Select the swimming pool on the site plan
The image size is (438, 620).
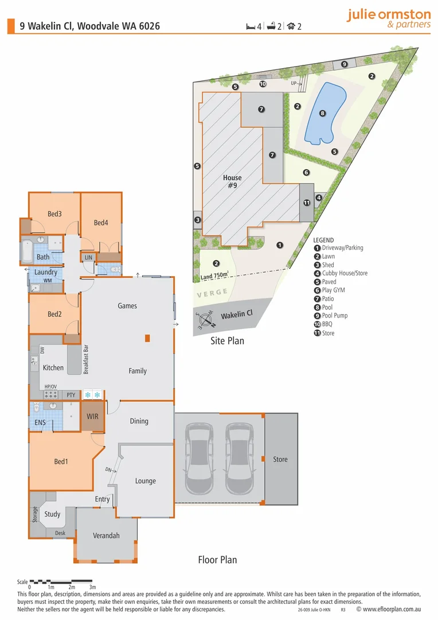pos(325,113)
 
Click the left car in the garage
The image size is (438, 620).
pos(199,459)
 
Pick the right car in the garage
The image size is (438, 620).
pos(240,459)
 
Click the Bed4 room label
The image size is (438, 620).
pos(101,223)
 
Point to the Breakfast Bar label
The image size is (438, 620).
pos(85,359)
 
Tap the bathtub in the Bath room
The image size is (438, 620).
pos(27,251)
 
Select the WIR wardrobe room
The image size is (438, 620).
pos(93,417)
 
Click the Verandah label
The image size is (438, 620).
pos(106,536)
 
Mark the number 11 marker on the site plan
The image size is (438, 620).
pos(307,203)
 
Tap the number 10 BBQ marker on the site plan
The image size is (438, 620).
pos(263,84)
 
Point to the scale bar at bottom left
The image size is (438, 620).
pos(61,581)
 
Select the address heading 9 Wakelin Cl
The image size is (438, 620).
pos(89,26)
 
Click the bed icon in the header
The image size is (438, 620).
pos(251,26)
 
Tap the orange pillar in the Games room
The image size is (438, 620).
pos(147,338)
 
